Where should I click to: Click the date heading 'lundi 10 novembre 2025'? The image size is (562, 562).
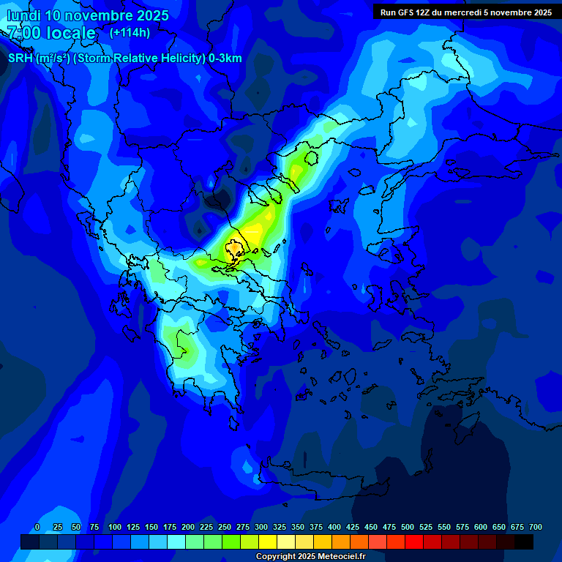[x=88, y=15]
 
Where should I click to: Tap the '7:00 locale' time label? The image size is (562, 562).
[x=51, y=33]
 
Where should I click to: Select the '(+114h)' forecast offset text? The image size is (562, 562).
[x=130, y=32]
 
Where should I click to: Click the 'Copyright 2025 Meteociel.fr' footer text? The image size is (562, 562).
[x=310, y=556]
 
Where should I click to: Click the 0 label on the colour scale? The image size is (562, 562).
[x=37, y=527]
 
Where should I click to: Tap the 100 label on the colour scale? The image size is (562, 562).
[x=115, y=527]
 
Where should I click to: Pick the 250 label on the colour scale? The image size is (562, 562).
[x=225, y=527]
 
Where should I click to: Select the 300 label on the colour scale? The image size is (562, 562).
[x=261, y=527]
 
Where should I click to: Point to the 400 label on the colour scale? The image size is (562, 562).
[x=334, y=527]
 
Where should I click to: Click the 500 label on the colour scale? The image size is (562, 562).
[x=408, y=527]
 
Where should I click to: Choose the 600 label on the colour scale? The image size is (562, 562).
[x=481, y=527]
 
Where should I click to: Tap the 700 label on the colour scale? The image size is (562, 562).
[x=536, y=527]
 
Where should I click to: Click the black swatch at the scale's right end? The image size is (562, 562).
[x=524, y=542]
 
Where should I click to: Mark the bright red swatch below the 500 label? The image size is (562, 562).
[x=414, y=542]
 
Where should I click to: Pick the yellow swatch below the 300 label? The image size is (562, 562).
[x=268, y=542]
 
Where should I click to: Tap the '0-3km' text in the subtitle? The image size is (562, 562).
[x=225, y=59]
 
